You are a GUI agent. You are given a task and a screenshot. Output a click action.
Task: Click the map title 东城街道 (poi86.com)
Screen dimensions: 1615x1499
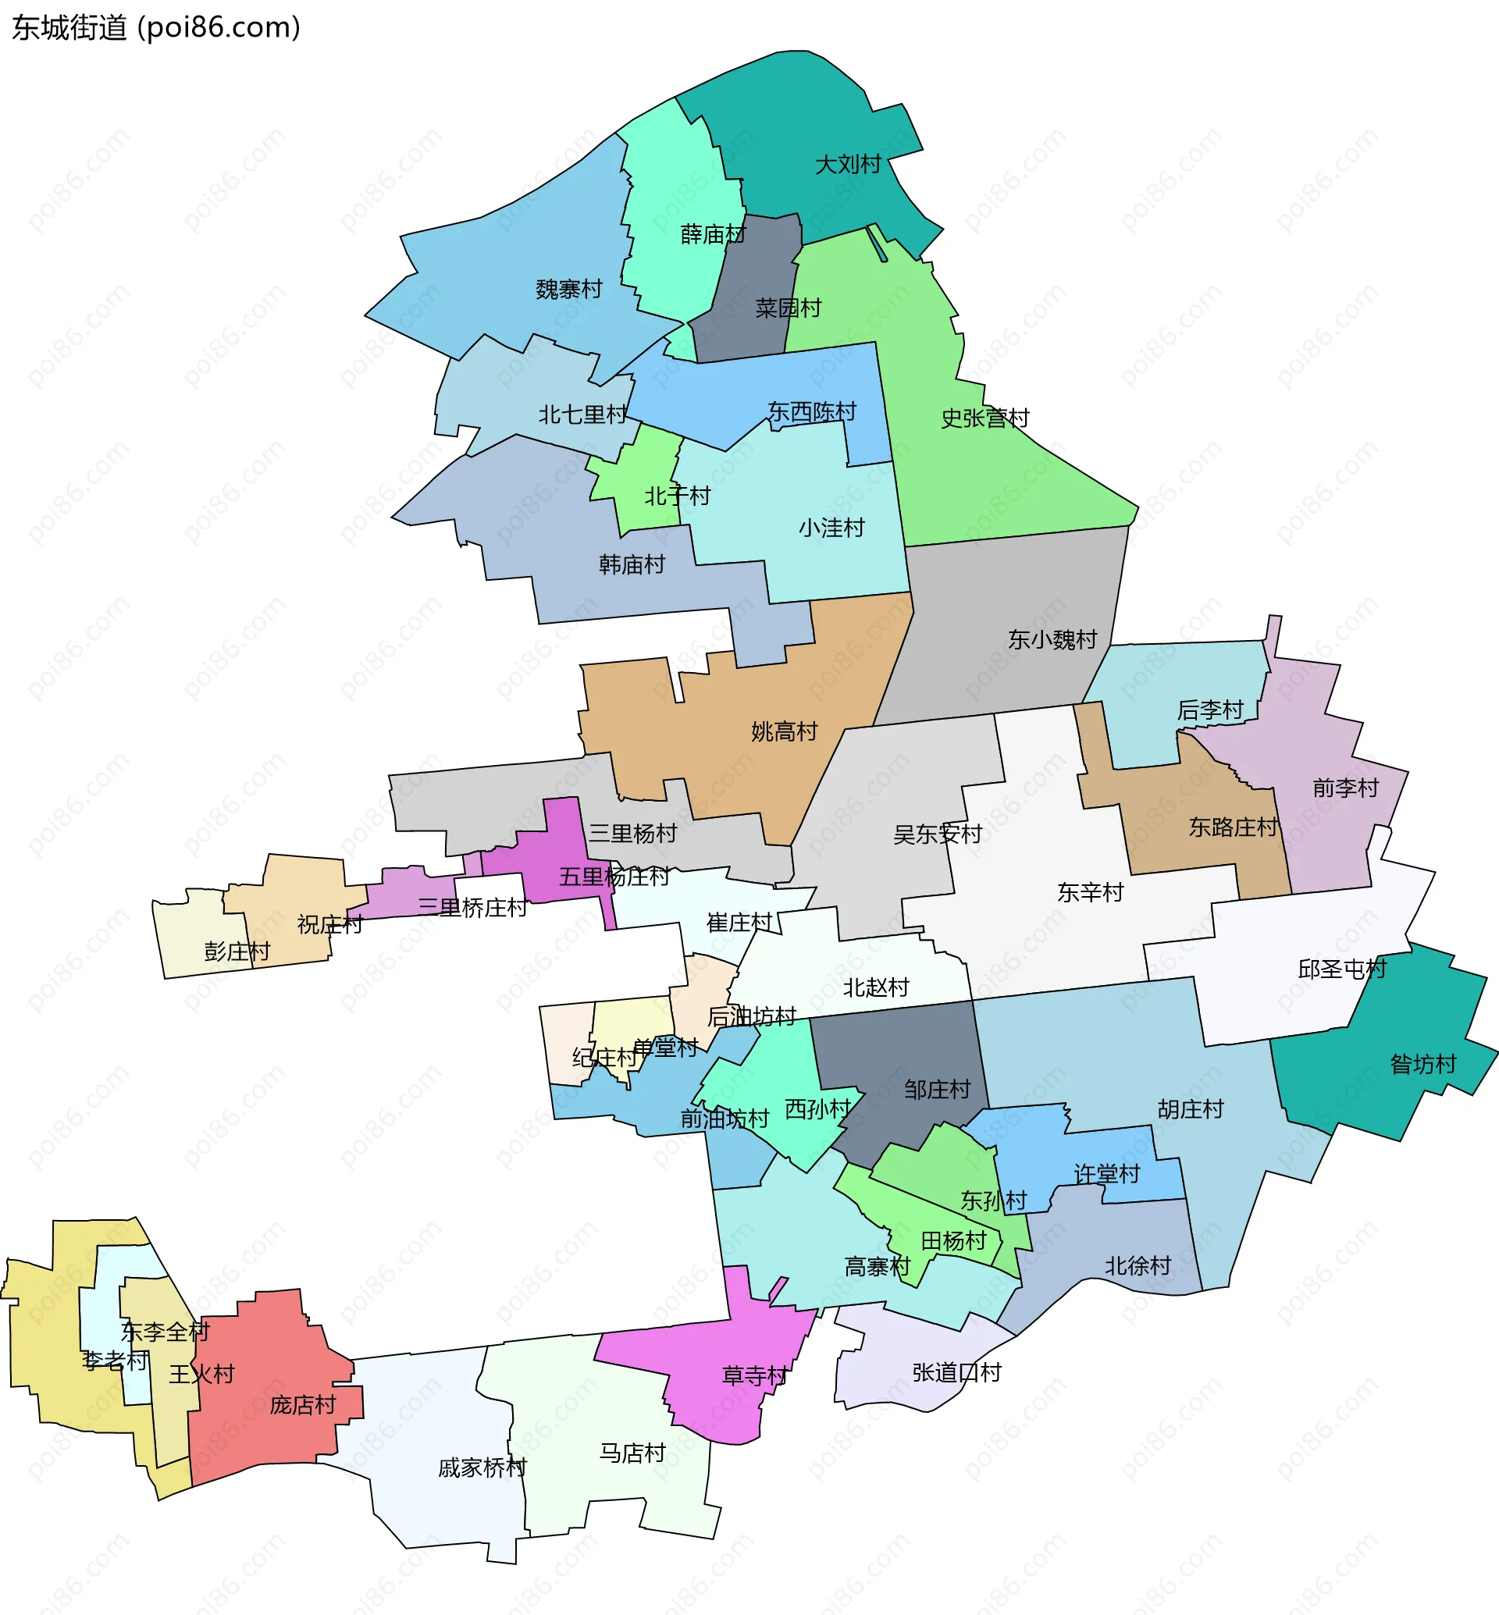point(155,27)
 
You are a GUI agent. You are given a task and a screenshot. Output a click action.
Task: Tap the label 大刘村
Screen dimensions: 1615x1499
point(848,165)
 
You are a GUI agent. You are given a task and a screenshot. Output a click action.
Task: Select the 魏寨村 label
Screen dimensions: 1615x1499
point(568,290)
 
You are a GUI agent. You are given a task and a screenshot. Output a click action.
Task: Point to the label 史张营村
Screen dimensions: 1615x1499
point(984,418)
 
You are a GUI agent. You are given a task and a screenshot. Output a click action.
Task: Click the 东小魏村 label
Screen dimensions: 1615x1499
point(1052,640)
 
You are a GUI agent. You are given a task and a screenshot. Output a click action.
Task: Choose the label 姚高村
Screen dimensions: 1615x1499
point(784,731)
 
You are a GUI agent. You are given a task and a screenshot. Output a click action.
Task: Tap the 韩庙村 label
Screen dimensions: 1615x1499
point(632,564)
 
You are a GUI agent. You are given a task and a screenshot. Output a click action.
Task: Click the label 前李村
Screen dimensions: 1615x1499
point(1345,788)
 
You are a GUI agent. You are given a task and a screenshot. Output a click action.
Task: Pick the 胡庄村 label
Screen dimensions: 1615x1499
point(1190,1109)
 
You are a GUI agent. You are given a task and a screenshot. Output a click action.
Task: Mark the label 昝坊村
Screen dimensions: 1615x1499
point(1422,1063)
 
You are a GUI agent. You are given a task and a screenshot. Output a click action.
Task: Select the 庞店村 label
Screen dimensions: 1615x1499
point(303,1405)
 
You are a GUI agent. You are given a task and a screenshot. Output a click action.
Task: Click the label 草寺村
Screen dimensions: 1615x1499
point(754,1375)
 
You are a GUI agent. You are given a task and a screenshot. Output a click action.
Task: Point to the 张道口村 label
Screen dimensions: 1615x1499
point(956,1372)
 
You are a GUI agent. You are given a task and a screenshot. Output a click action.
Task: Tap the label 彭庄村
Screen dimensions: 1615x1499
point(237,952)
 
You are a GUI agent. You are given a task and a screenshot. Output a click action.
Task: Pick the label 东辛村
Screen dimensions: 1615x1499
point(1090,893)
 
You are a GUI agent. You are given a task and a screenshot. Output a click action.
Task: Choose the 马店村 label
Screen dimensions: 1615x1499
point(632,1453)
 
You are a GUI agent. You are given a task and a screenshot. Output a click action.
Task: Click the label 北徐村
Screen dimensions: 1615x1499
point(1138,1265)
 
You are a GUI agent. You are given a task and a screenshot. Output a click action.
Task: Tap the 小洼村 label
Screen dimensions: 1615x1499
point(831,528)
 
